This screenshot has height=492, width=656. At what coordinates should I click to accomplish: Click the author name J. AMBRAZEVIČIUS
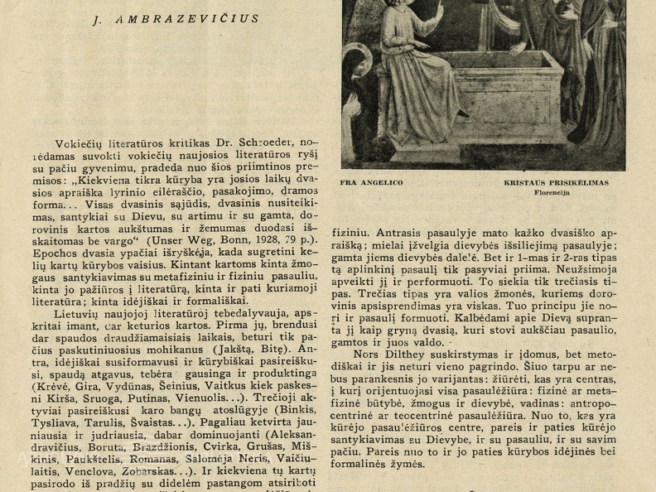(x=176, y=18)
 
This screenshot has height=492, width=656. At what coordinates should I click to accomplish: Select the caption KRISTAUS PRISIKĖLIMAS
(x=556, y=182)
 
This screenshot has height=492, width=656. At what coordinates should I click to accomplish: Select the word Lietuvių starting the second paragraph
(x=77, y=311)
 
